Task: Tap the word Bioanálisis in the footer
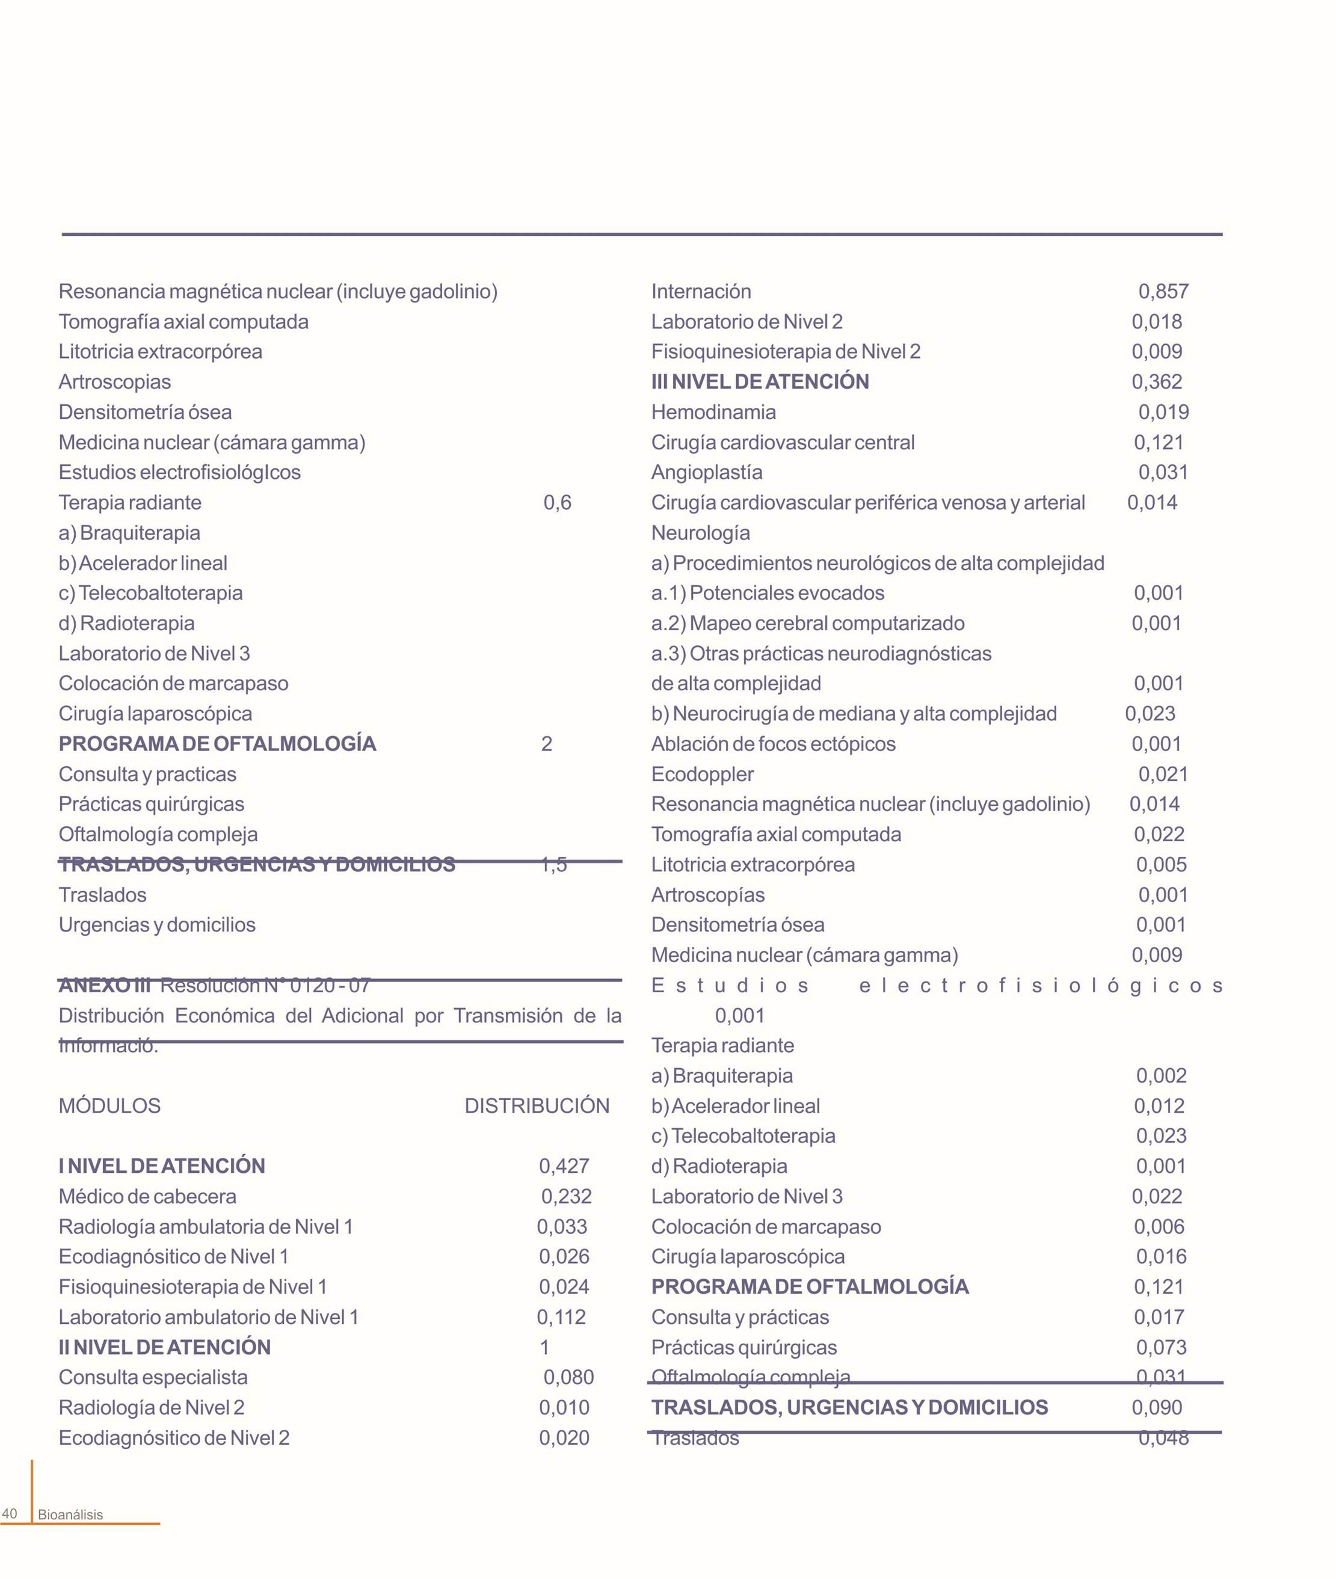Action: click(x=70, y=1515)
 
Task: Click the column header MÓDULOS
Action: click(x=110, y=1105)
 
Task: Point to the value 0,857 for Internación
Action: click(x=1163, y=291)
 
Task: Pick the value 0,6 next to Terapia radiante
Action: click(x=558, y=502)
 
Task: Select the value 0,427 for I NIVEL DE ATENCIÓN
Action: click(x=564, y=1166)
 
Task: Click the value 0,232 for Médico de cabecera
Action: click(x=566, y=1196)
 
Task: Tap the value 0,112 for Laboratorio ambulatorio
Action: click(x=561, y=1317)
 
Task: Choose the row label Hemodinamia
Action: click(x=713, y=412)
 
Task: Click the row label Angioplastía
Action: click(x=707, y=472)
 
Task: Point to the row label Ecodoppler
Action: click(x=702, y=774)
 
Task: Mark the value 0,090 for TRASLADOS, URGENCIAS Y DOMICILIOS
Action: click(x=1157, y=1407)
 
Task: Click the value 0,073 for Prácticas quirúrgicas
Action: click(x=1161, y=1347)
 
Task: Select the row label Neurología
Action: click(x=701, y=533)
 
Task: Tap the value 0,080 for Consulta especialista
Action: click(x=568, y=1377)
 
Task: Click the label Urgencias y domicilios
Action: click(x=157, y=924)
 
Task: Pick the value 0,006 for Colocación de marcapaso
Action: click(x=1159, y=1226)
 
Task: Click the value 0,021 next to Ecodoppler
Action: click(x=1163, y=774)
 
